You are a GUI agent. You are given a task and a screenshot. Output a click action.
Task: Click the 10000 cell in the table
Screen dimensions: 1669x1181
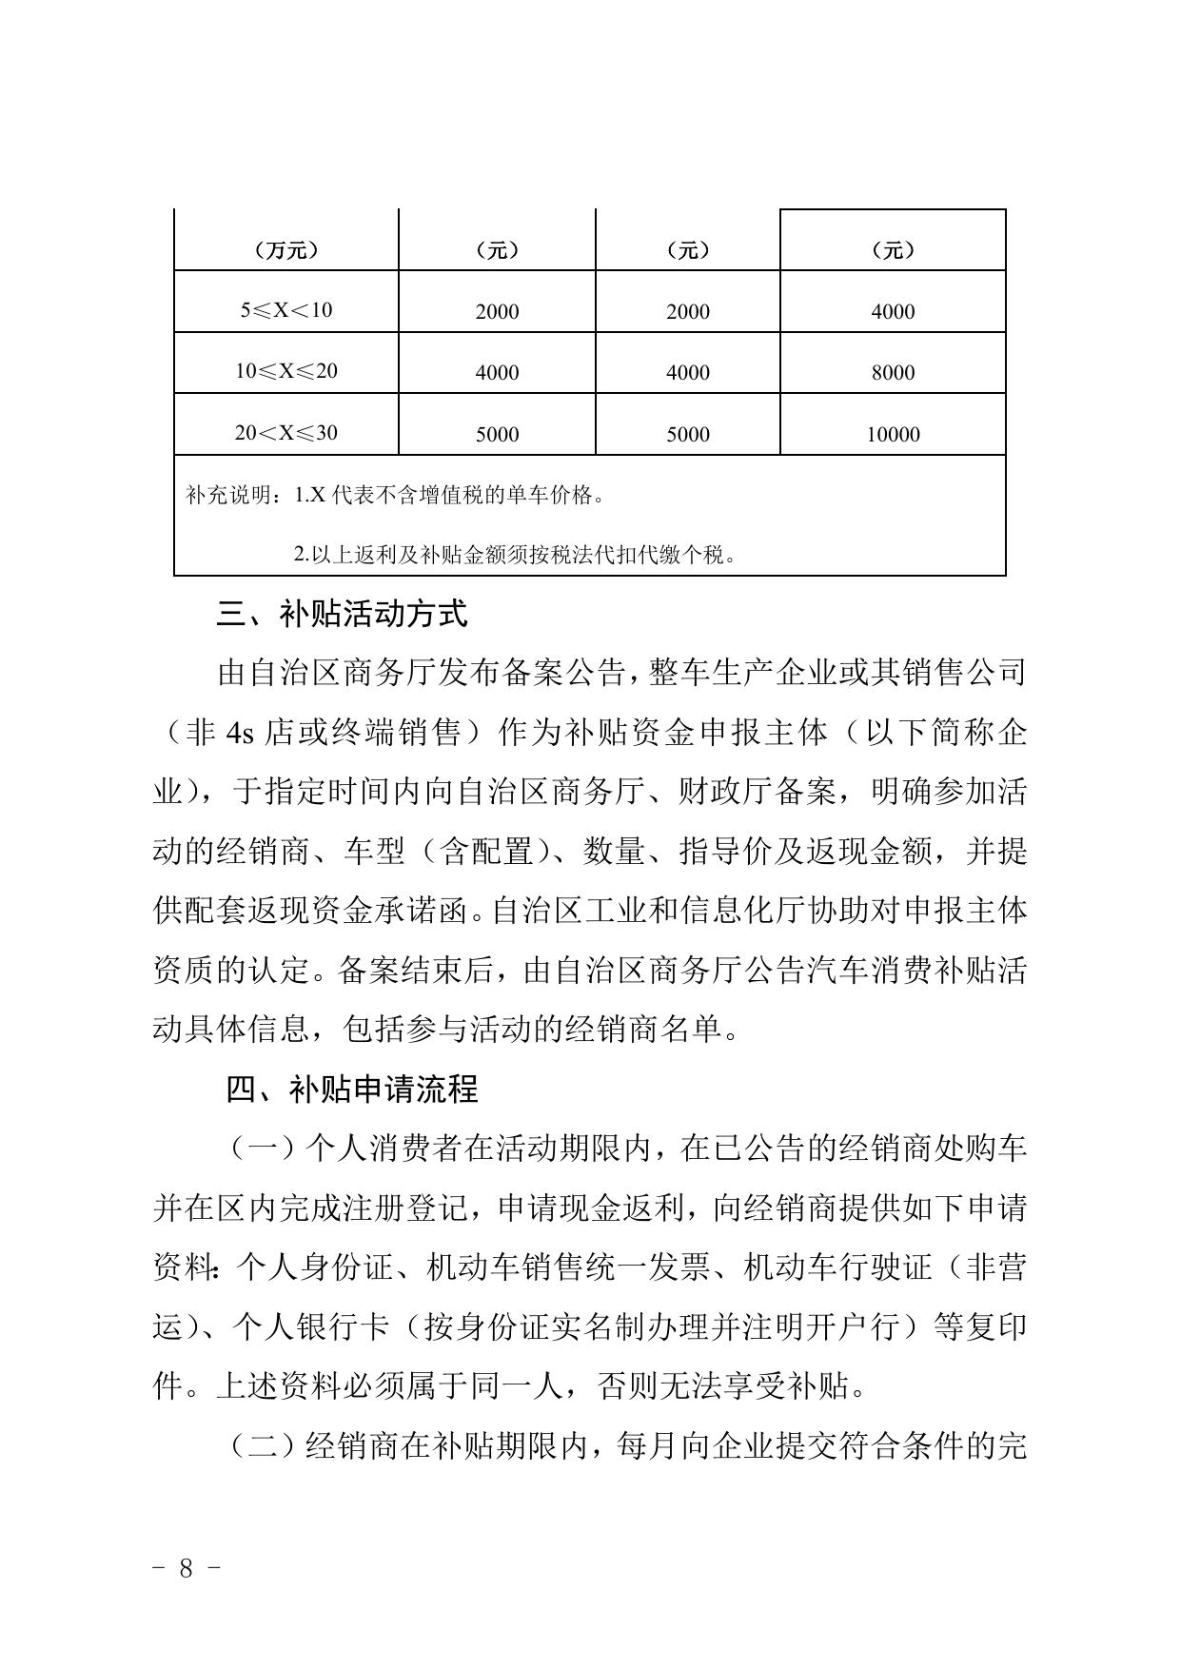point(893,435)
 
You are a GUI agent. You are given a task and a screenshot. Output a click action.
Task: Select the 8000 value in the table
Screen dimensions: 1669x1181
point(893,373)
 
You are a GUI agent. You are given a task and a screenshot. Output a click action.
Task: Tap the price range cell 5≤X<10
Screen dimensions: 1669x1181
point(285,310)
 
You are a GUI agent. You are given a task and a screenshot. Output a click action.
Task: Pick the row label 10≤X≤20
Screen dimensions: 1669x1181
point(285,371)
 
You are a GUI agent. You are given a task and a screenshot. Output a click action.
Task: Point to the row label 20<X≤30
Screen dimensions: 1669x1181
point(285,433)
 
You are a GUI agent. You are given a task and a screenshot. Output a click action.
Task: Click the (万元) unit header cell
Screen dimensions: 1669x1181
point(285,250)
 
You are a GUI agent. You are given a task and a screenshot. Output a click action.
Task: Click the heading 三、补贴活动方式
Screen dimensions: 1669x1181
point(342,615)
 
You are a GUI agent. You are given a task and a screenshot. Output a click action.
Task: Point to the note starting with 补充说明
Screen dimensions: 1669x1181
point(395,496)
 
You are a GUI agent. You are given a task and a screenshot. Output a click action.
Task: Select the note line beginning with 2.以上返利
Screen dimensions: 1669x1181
point(514,555)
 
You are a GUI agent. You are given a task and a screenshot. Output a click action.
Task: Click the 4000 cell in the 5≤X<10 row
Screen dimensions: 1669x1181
point(893,312)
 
